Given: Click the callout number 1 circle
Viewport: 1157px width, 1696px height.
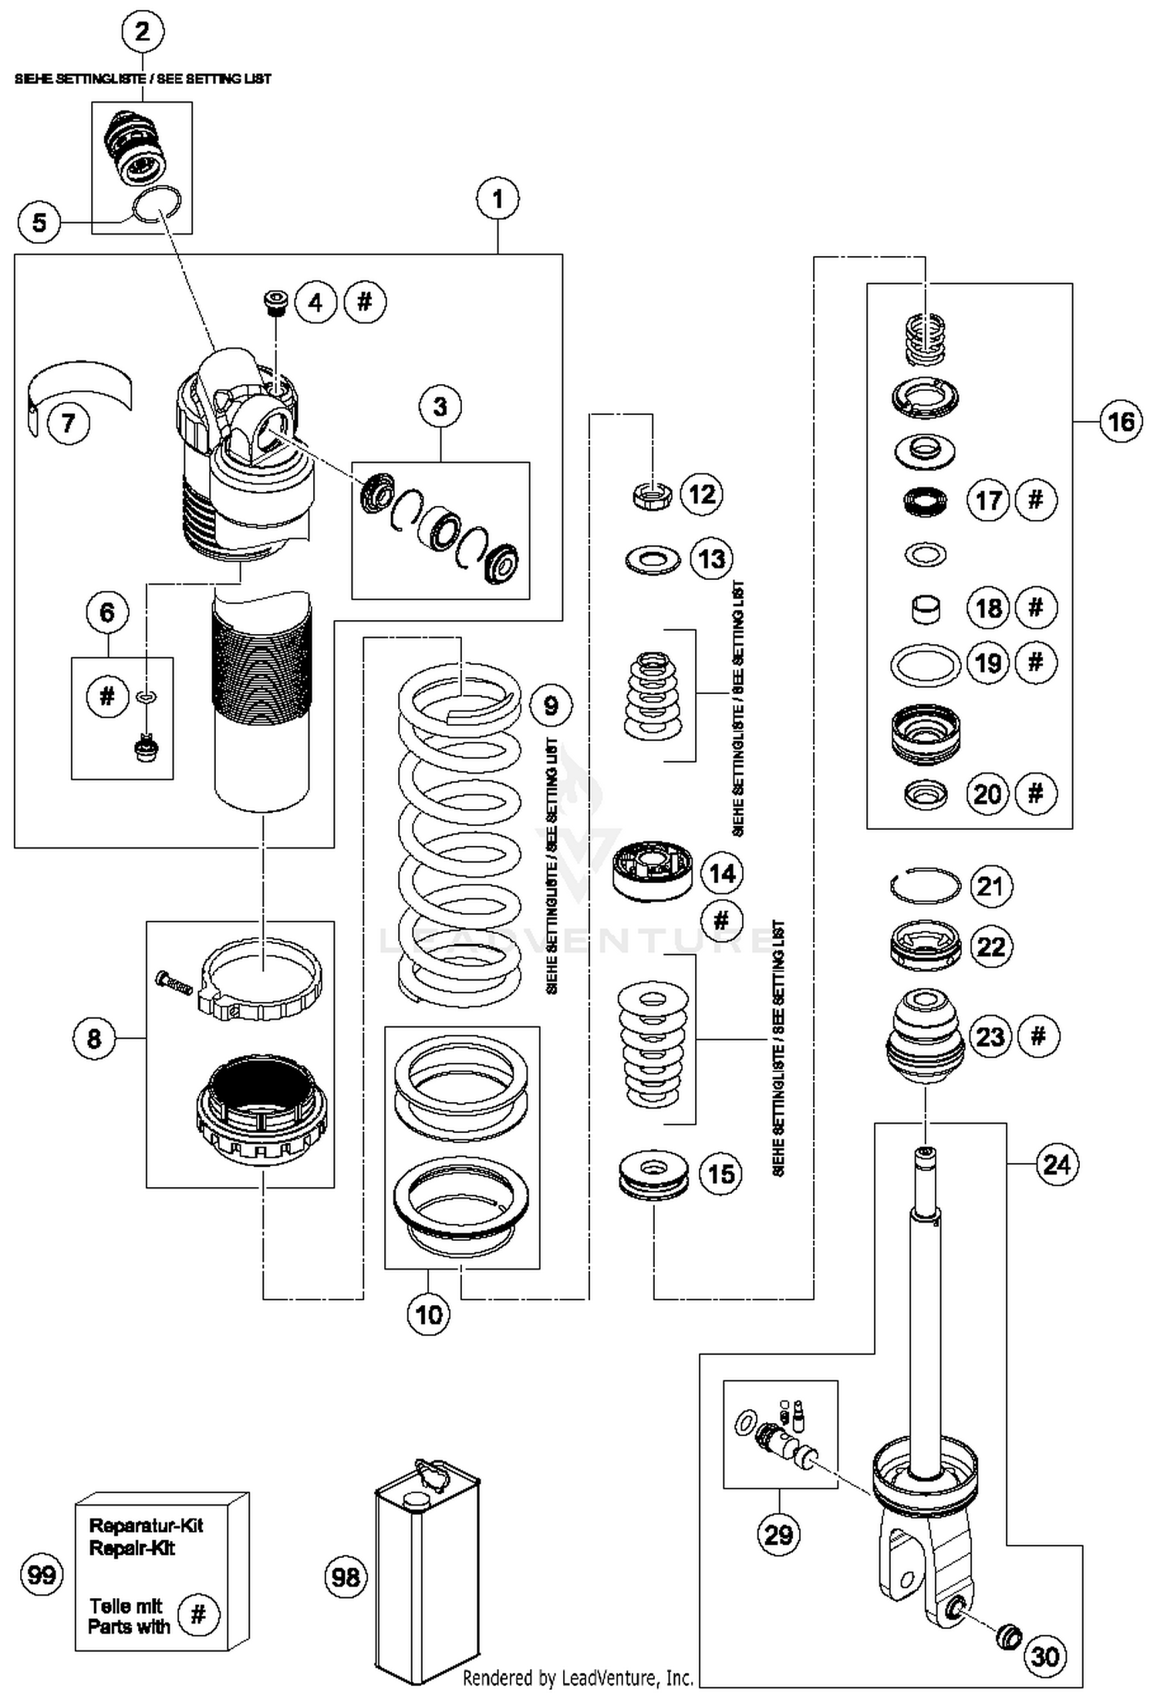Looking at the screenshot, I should click(498, 200).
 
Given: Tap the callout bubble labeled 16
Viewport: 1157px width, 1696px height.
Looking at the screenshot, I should click(1120, 421).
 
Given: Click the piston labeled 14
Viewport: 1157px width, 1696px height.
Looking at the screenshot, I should click(652, 870).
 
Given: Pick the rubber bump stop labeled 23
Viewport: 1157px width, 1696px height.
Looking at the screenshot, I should click(925, 1035).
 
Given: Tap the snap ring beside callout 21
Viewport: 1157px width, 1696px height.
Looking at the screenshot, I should click(925, 885).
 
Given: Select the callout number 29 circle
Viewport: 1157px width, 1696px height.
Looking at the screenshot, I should click(778, 1534).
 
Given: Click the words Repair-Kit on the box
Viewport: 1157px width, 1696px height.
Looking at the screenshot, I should click(132, 1548).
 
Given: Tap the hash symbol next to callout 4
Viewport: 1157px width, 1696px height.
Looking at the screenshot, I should click(365, 302).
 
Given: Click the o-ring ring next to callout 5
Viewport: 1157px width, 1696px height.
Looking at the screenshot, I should click(157, 205).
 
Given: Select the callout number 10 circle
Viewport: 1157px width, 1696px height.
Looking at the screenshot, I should click(428, 1314).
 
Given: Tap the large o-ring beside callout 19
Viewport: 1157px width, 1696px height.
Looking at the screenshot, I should click(925, 664).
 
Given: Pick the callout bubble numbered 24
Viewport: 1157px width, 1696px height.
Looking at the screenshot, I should click(1056, 1164).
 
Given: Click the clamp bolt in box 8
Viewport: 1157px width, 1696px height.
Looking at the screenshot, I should click(174, 983).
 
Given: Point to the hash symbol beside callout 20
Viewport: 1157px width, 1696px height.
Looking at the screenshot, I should click(1035, 793).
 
